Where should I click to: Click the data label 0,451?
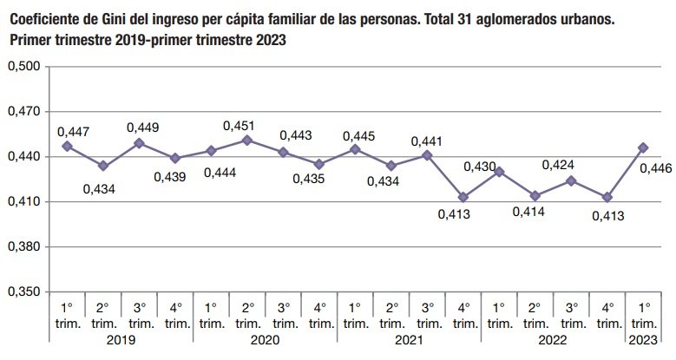coord(239,126)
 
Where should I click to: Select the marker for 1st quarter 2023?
coord(642,147)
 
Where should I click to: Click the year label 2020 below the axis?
coord(264,343)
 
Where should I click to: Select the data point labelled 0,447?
coord(67,146)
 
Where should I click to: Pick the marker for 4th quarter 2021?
coord(463,197)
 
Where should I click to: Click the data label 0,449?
coord(142,128)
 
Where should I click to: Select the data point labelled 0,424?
coord(571,180)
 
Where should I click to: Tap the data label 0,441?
coord(426,141)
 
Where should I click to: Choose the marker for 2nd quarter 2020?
coord(246,140)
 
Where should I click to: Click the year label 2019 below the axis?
coord(120,343)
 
